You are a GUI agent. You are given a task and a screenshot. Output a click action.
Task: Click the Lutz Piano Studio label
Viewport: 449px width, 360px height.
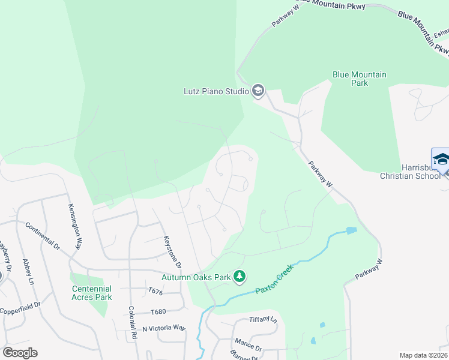[x=216, y=92]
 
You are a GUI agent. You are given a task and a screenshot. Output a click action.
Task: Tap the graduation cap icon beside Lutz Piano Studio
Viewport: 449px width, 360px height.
[x=258, y=91]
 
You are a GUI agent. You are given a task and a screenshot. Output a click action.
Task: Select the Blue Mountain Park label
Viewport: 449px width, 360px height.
[x=359, y=79]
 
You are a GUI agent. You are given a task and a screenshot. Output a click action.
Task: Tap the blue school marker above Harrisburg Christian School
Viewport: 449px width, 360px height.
[x=441, y=160]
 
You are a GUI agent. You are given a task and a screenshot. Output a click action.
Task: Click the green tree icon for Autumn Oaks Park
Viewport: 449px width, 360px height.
[x=240, y=277]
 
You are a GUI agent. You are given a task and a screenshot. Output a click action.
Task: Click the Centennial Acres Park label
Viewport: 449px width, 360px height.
[x=91, y=293]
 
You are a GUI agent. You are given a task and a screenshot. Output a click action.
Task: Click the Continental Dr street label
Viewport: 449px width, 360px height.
[x=43, y=236]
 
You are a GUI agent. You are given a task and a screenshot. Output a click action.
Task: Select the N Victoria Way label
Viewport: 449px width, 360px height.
[x=164, y=328]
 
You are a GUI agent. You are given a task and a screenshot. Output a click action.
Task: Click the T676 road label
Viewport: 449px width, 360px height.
[x=156, y=291]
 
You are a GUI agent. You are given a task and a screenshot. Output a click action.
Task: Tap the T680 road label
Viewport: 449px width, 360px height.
[x=158, y=312]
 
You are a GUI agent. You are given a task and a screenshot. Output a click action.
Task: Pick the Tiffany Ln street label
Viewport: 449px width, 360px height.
[x=263, y=319]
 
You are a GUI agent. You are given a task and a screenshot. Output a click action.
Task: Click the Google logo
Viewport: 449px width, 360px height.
[x=20, y=353]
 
